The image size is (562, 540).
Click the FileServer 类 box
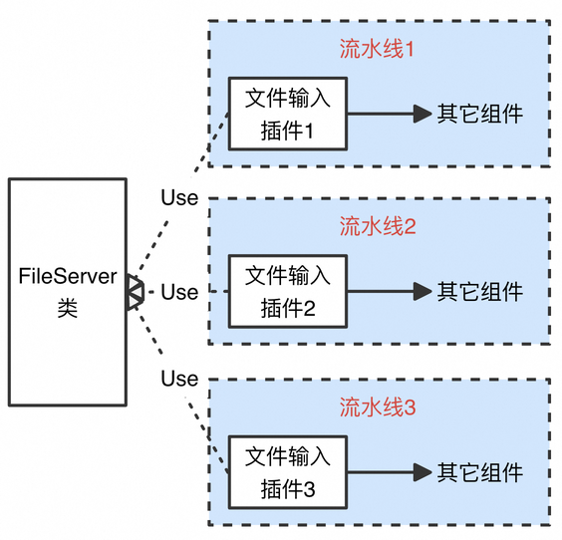(68, 292)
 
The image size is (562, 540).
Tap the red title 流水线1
(377, 49)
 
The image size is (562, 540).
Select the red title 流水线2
(378, 226)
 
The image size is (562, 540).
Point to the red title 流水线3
(378, 407)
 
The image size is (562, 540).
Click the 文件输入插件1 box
(288, 114)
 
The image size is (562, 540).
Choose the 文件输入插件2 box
(288, 291)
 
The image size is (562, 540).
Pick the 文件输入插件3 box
(288, 472)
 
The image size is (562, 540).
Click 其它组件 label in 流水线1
(479, 114)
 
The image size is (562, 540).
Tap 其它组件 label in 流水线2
(479, 291)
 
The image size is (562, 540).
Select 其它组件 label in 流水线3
(479, 472)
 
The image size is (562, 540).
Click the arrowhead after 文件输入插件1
(422, 114)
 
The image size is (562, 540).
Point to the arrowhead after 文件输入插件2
(422, 291)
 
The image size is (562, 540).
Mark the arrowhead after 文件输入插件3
(422, 472)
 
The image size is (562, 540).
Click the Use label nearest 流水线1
(179, 197)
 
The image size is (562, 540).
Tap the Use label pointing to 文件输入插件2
(179, 292)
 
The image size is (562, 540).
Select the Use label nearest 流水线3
(179, 379)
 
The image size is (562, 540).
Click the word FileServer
(68, 276)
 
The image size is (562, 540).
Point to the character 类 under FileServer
(68, 308)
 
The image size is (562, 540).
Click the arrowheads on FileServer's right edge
(136, 292)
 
